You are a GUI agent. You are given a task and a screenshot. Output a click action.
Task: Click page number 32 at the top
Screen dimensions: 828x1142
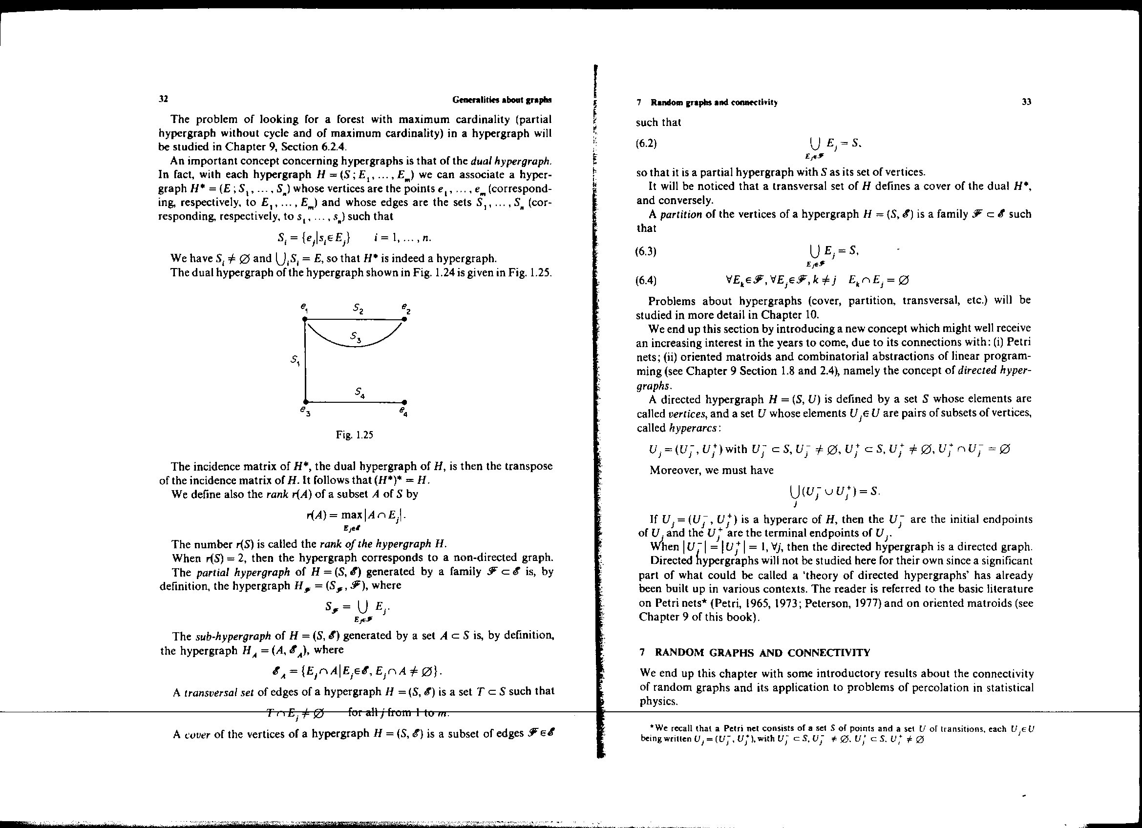[163, 99]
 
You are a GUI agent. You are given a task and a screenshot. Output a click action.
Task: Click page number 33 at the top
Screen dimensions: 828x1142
[1027, 102]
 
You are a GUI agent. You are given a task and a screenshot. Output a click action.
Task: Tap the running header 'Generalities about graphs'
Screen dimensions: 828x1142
[502, 100]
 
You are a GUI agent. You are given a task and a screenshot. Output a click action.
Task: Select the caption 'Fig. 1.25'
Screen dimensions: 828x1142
[355, 435]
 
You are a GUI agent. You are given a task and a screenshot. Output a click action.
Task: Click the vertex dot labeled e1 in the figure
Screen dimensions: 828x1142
[305, 319]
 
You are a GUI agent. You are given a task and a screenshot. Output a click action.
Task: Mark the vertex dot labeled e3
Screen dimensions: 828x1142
[305, 402]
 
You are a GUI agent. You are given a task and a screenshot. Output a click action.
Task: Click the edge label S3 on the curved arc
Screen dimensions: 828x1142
[356, 337]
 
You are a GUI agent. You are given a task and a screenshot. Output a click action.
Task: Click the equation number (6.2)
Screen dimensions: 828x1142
[647, 144]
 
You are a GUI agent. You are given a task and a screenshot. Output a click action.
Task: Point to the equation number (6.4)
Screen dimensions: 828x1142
[647, 280]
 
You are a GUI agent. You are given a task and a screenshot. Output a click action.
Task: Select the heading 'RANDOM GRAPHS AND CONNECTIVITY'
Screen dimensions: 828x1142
[762, 653]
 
